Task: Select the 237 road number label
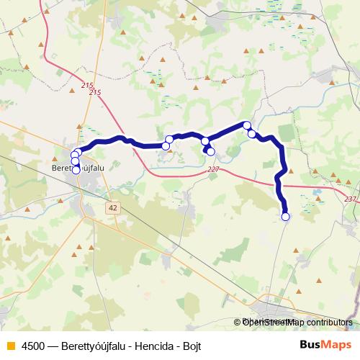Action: pos(350,199)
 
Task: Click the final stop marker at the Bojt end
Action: pos(285,216)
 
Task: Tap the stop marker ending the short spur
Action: pos(210,151)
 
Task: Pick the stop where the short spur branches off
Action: pos(205,141)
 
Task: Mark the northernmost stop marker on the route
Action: pos(247,125)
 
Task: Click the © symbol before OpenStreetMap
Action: pos(237,323)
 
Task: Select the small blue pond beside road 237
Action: pos(315,193)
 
